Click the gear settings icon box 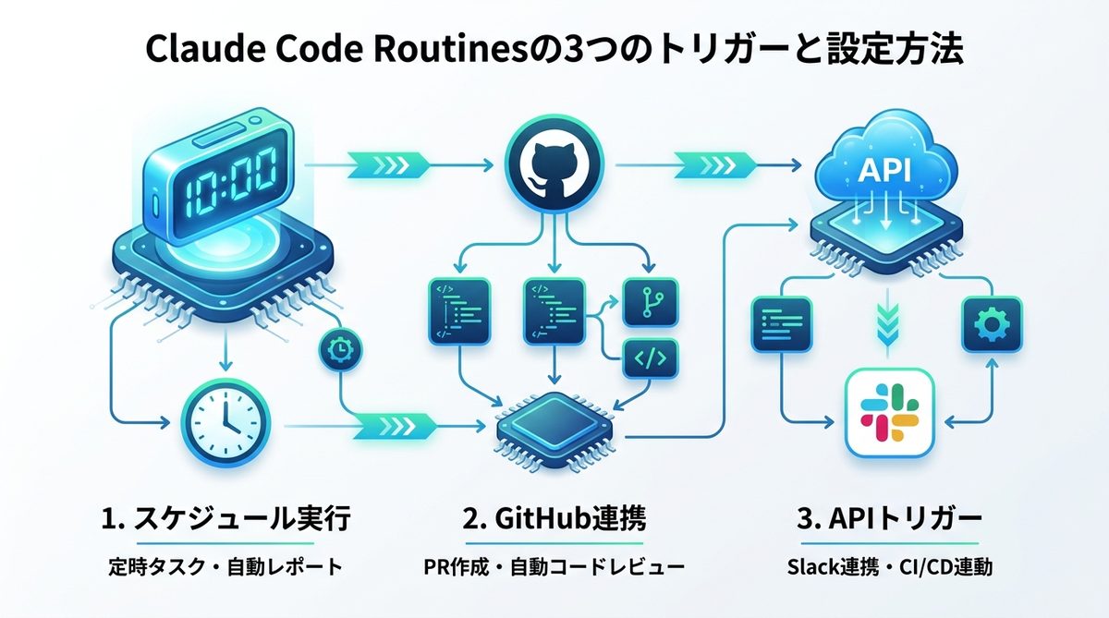[x=993, y=324]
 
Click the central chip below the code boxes [x=553, y=420]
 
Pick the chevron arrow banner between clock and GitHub [x=392, y=166]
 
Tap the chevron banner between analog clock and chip [x=393, y=425]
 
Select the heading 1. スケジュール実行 [x=225, y=519]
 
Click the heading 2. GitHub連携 [x=554, y=519]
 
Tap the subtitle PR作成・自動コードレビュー [x=554, y=566]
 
